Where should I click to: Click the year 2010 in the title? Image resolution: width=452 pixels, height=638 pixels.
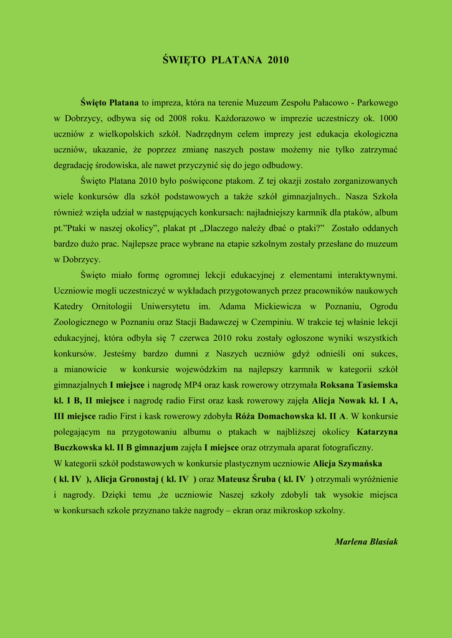(x=278, y=60)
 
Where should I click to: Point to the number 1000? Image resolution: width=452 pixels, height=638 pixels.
(x=388, y=118)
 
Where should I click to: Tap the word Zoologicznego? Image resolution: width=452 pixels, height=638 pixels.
(x=81, y=322)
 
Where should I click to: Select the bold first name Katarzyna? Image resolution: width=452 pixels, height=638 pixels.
(x=377, y=432)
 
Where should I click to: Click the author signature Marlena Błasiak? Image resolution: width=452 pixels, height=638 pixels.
(x=366, y=541)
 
